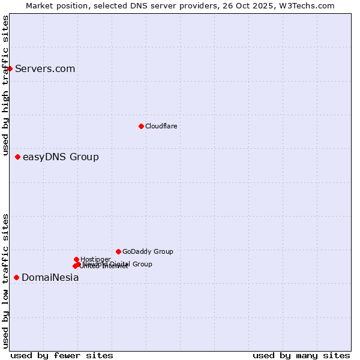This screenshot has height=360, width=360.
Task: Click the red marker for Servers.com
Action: point(10,68)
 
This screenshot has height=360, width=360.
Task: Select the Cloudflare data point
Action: point(141,126)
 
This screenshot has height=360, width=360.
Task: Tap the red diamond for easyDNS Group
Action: point(17,157)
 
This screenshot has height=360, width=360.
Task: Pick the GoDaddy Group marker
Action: point(118,251)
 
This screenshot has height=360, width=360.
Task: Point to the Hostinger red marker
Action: point(76,259)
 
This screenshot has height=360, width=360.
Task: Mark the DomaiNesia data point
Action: point(16,277)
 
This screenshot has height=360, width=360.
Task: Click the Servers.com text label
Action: point(45,68)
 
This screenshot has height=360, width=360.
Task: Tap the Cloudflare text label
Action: point(161,126)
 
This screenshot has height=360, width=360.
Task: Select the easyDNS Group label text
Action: point(61,157)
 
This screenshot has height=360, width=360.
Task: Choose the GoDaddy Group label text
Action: point(148,251)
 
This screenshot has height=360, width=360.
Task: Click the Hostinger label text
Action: point(95,259)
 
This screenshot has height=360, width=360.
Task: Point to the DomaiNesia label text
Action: point(50,277)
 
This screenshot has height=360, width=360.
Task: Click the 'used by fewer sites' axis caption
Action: point(62,355)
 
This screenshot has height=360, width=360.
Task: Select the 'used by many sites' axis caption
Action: point(301,355)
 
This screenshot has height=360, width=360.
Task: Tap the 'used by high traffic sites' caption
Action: point(5,86)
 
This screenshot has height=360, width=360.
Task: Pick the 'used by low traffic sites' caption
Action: point(5,281)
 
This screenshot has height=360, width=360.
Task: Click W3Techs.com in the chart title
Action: point(306,5)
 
